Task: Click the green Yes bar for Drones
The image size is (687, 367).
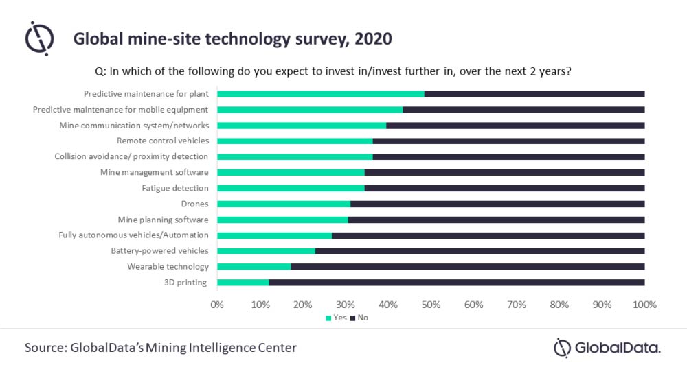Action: pyautogui.click(x=284, y=204)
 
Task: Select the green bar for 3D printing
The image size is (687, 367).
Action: pyautogui.click(x=243, y=283)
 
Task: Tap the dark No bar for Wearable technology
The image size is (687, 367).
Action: pyautogui.click(x=467, y=267)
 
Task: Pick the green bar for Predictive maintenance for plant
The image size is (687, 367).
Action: pyautogui.click(x=321, y=94)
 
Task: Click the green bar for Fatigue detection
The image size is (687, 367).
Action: pyautogui.click(x=291, y=188)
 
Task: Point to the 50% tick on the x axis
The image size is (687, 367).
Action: pyautogui.click(x=431, y=304)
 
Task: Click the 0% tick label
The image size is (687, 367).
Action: pyautogui.click(x=217, y=304)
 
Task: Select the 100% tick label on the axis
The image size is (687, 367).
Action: pyautogui.click(x=644, y=304)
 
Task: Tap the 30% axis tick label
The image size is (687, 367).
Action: pyautogui.click(x=346, y=304)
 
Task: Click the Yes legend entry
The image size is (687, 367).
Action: pyautogui.click(x=336, y=318)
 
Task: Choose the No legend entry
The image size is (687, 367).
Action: pyautogui.click(x=359, y=318)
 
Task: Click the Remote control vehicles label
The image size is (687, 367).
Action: pyautogui.click(x=162, y=141)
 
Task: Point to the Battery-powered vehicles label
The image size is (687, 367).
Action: pyautogui.click(x=159, y=251)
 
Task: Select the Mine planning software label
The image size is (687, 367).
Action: pyautogui.click(x=163, y=220)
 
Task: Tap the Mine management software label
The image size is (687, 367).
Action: pyautogui.click(x=154, y=172)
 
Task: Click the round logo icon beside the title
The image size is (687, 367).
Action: pyautogui.click(x=39, y=38)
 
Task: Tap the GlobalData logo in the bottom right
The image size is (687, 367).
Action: pyautogui.click(x=607, y=348)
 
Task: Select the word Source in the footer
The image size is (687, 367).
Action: pyautogui.click(x=44, y=348)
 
